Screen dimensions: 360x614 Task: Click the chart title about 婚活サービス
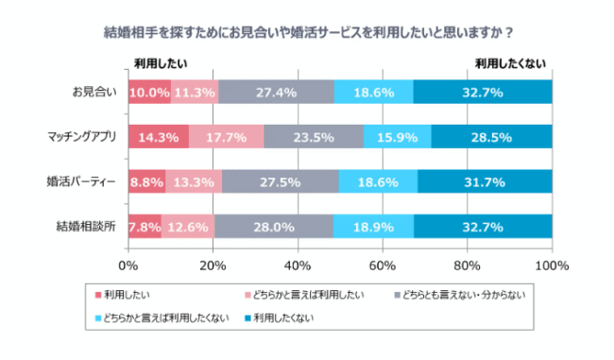click(308, 32)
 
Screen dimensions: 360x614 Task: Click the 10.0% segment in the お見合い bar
click(149, 93)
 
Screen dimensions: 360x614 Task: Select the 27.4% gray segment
click(276, 93)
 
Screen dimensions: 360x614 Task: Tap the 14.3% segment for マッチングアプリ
click(158, 137)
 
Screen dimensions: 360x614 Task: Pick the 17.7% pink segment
click(226, 137)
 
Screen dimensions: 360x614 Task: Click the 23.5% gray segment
click(314, 137)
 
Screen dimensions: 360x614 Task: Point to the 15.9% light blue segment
click(397, 137)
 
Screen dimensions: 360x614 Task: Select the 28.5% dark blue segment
click(491, 137)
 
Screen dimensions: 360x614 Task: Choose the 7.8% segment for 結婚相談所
click(145, 226)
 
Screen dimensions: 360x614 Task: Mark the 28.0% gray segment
click(275, 226)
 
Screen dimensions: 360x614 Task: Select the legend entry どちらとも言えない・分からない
click(458, 296)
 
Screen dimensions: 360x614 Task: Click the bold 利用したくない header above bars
click(509, 63)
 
